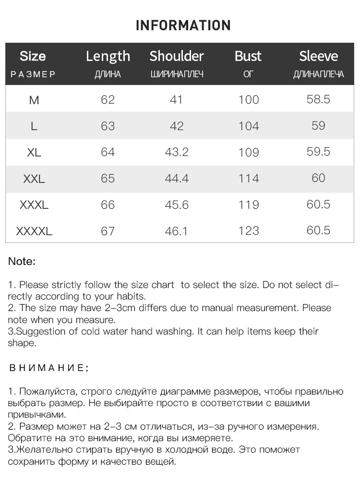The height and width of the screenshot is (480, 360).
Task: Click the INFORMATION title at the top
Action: click(x=183, y=25)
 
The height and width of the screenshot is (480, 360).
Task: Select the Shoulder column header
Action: click(x=177, y=56)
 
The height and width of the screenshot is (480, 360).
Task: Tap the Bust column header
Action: click(x=248, y=56)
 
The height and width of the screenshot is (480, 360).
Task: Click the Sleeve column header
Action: click(x=318, y=56)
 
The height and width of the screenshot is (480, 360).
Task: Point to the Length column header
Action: click(x=108, y=57)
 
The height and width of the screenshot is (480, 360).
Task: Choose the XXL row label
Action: click(x=34, y=179)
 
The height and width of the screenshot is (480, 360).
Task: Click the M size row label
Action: click(x=34, y=100)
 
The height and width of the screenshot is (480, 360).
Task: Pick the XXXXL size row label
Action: click(x=34, y=231)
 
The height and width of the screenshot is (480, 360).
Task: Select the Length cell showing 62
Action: click(x=108, y=99)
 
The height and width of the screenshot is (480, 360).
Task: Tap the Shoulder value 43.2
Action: click(x=177, y=152)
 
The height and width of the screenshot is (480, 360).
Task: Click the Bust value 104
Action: click(x=249, y=126)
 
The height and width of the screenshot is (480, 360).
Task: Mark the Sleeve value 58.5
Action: click(x=318, y=99)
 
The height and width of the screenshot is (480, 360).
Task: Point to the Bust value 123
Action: click(x=249, y=231)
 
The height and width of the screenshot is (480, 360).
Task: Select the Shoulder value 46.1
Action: click(x=176, y=231)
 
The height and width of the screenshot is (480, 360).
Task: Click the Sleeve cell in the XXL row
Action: click(x=318, y=178)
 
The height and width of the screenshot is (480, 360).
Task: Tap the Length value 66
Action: click(x=108, y=205)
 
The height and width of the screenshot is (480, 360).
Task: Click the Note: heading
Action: click(x=22, y=262)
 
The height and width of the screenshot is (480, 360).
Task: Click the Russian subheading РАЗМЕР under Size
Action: click(x=33, y=75)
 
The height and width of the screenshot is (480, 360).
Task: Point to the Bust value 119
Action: click(x=249, y=205)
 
